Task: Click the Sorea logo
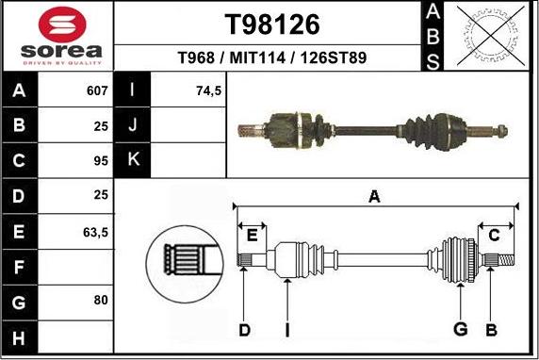pos(57,37)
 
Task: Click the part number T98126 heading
pos(272,24)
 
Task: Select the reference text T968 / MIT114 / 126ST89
pos(272,58)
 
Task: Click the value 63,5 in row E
pos(96,230)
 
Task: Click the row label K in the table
pos(132,160)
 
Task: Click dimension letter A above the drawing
pos(374,197)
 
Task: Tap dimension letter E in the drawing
pos(252,235)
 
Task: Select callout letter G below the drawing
pos(460,329)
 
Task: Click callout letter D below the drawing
pos(244,329)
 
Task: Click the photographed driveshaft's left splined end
pos(249,127)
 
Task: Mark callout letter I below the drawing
pos(286,329)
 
